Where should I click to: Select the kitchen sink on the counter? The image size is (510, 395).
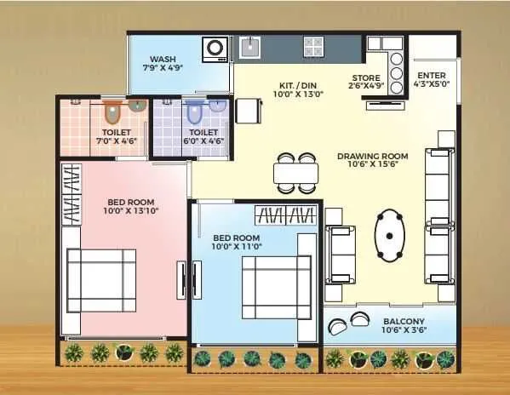249,48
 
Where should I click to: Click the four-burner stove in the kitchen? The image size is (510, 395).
313,47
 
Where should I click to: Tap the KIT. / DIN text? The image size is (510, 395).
298,84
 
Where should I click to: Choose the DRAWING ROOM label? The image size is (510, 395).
372,156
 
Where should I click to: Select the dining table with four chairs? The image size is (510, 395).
295,173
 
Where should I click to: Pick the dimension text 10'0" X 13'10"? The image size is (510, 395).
131,210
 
